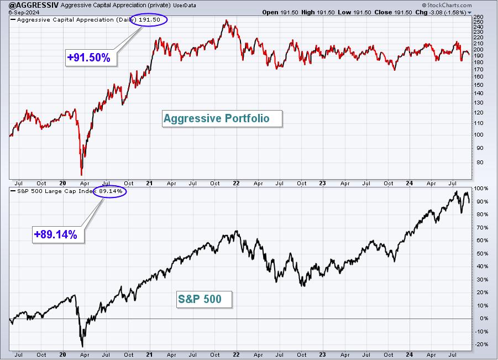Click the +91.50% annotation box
click(91, 58)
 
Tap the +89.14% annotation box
click(58, 234)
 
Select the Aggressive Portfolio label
click(222, 118)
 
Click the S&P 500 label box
click(205, 299)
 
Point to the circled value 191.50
click(149, 20)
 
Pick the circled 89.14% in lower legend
click(110, 191)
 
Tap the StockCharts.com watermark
click(447, 5)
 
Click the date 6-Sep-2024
click(24, 12)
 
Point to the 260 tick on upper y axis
click(478, 17)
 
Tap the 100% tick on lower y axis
click(481, 189)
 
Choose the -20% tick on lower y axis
click(481, 345)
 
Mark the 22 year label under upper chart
click(236, 184)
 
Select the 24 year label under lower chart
click(410, 354)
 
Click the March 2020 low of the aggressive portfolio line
click(82, 174)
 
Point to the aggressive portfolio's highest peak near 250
click(227, 20)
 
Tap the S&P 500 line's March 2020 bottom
click(82, 346)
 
